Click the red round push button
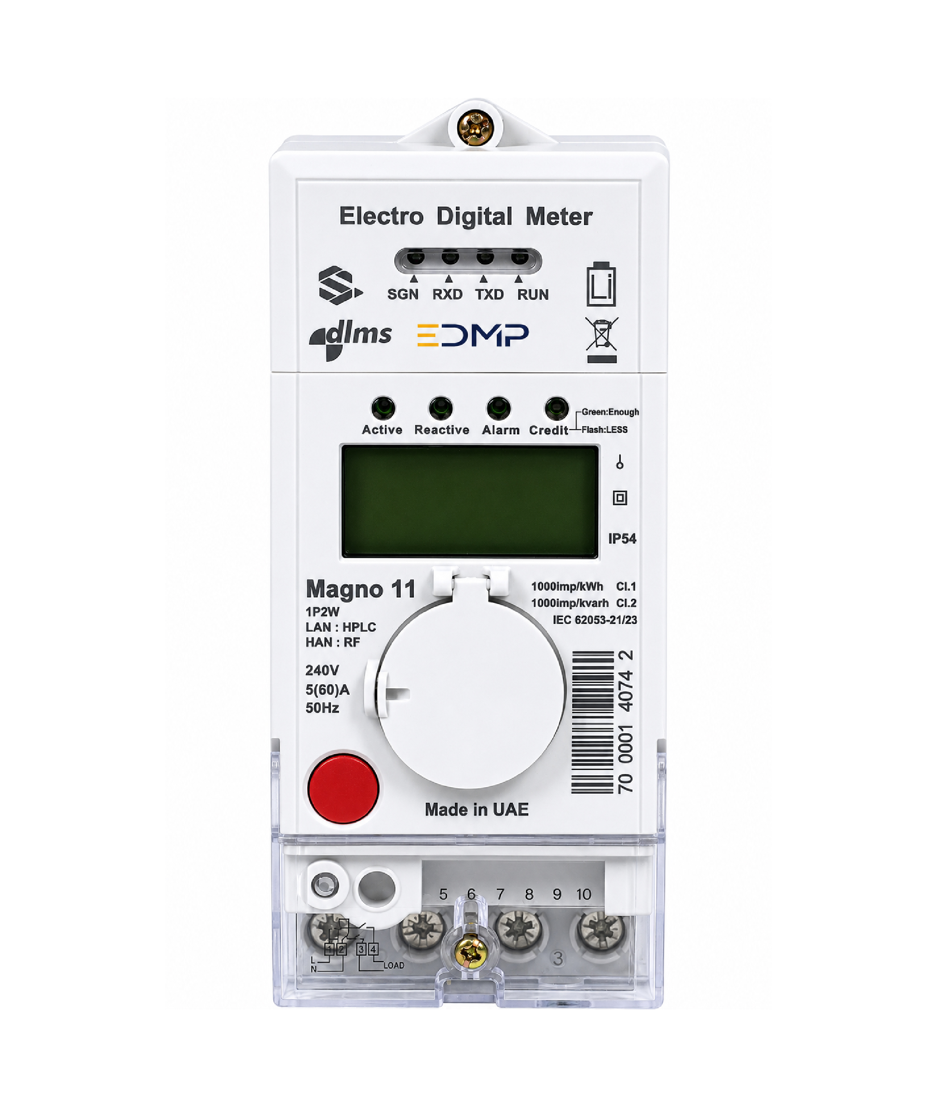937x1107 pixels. (343, 788)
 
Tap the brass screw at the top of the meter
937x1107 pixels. (475, 128)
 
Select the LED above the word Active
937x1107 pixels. (383, 408)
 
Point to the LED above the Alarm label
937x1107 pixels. (499, 408)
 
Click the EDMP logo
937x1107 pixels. (473, 335)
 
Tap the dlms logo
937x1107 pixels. (351, 339)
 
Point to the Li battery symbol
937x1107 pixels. (601, 284)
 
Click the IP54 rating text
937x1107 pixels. (622, 539)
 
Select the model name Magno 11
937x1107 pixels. (361, 589)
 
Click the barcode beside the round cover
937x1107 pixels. (592, 722)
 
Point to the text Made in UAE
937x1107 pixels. (476, 809)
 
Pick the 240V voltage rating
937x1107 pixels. (322, 670)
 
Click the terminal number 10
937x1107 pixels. (584, 894)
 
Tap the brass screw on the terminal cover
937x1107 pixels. (471, 951)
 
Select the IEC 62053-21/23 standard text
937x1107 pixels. (595, 620)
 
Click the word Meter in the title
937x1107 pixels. (559, 217)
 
